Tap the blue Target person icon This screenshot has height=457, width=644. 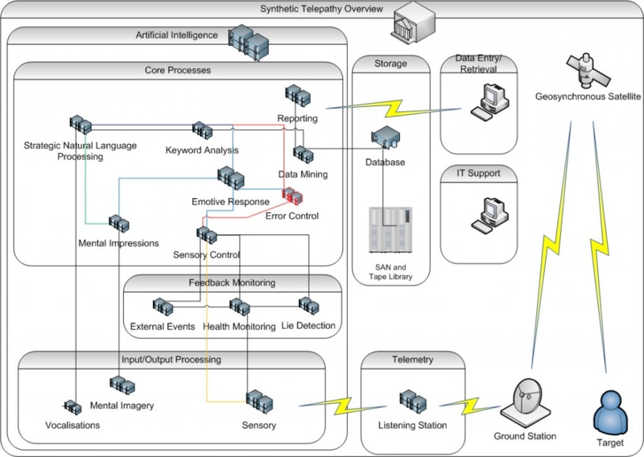coord(610,410)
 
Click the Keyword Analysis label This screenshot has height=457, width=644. coord(201,150)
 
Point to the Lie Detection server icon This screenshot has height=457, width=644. coord(308,305)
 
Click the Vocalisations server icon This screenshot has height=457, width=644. coord(73,407)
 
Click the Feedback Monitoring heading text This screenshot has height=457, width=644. coord(232,283)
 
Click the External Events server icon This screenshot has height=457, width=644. coord(162,307)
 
